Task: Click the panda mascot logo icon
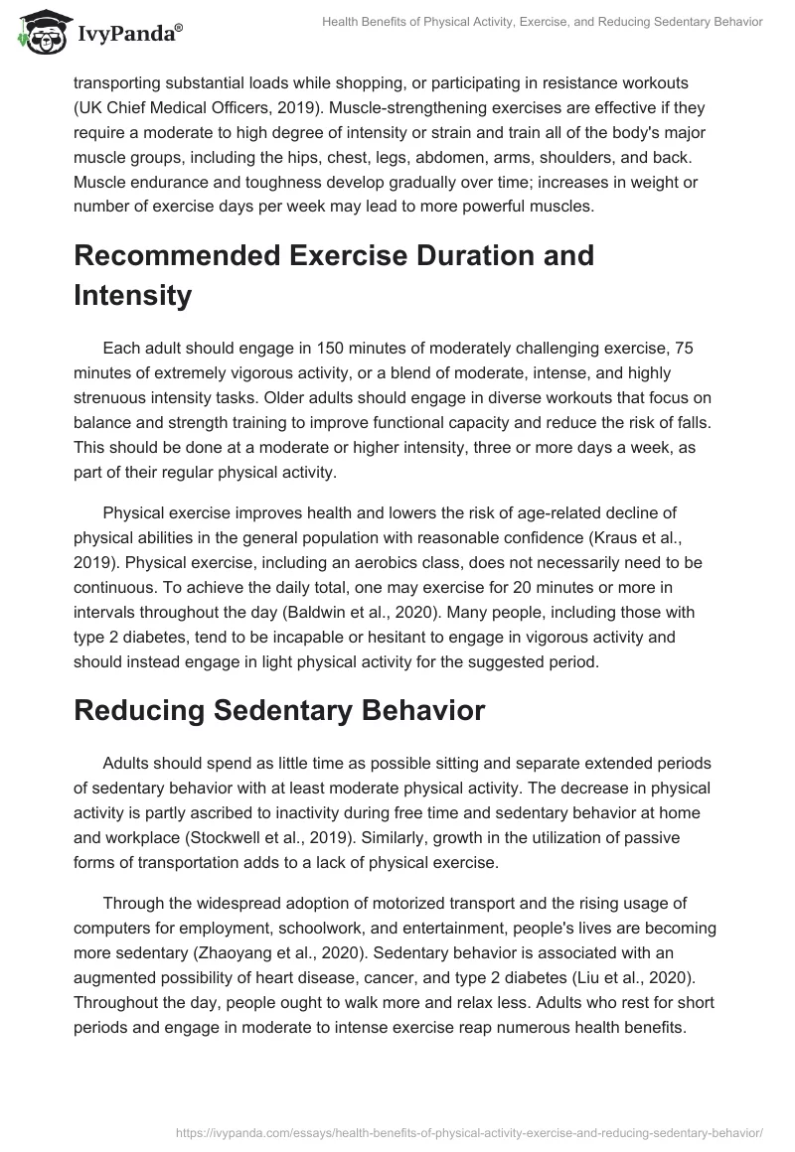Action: coord(39,29)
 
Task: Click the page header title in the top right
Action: coord(543,23)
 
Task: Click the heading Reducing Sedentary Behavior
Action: coord(279,710)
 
